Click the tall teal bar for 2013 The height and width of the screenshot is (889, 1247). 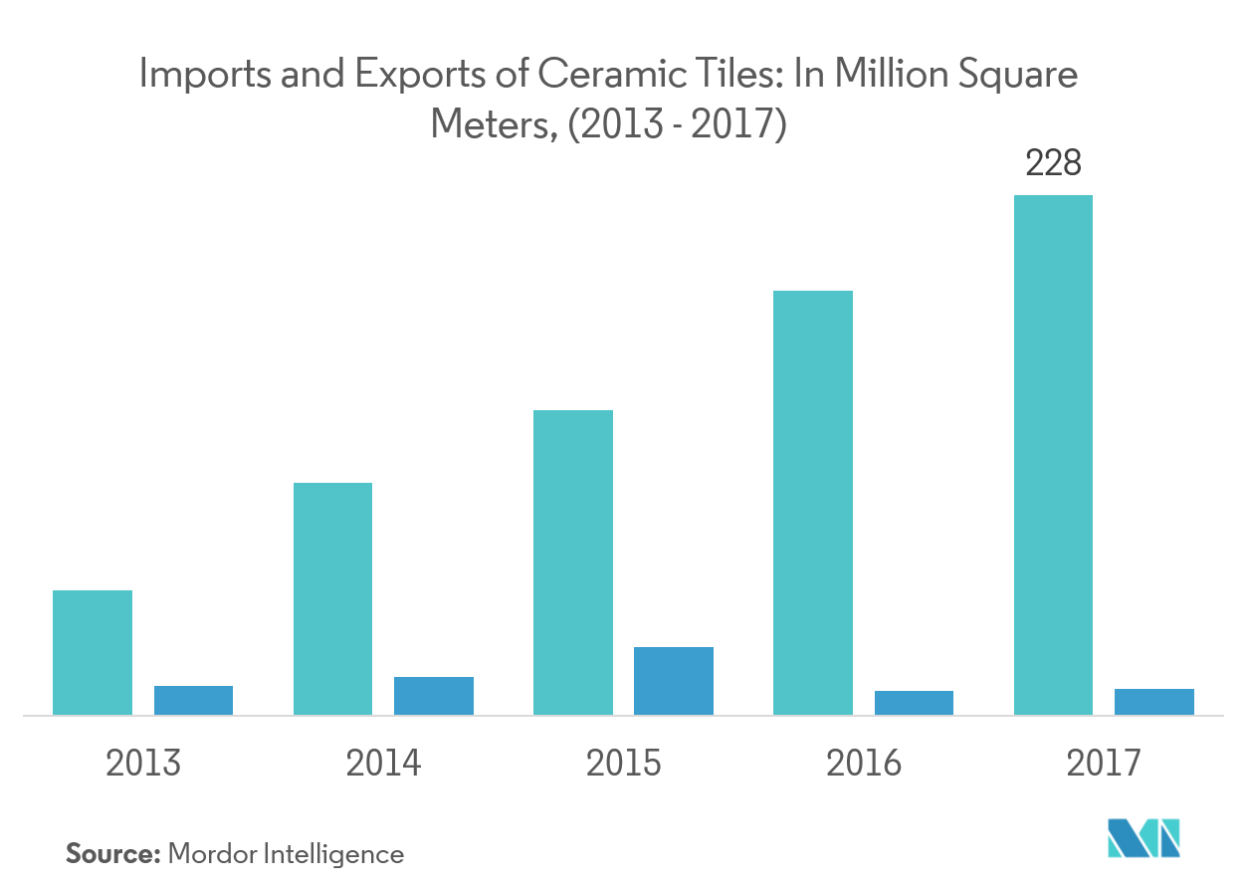pos(92,652)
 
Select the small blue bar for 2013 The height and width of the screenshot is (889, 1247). pos(193,700)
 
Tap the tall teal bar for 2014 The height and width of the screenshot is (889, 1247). pos(332,598)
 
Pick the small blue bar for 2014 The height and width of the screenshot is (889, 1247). pos(433,695)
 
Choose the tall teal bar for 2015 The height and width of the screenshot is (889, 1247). pos(572,562)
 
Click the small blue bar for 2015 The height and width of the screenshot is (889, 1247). pos(673,681)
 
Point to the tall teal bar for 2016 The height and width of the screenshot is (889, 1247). pos(812,503)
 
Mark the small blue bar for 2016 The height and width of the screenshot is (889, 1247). pos(914,702)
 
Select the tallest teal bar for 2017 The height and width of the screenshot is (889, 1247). pos(1052,455)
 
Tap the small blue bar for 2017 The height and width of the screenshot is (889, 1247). pos(1153,701)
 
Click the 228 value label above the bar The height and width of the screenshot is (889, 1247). pos(1053,163)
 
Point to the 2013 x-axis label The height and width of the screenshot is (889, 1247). pos(143,764)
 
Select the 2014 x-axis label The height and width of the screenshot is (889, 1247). pos(383,764)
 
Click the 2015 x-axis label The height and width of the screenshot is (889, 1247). pos(624,764)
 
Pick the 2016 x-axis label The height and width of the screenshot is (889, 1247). pos(863,764)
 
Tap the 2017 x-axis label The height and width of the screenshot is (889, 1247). pos(1103,764)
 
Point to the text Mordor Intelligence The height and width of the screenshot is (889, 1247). pos(286,853)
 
